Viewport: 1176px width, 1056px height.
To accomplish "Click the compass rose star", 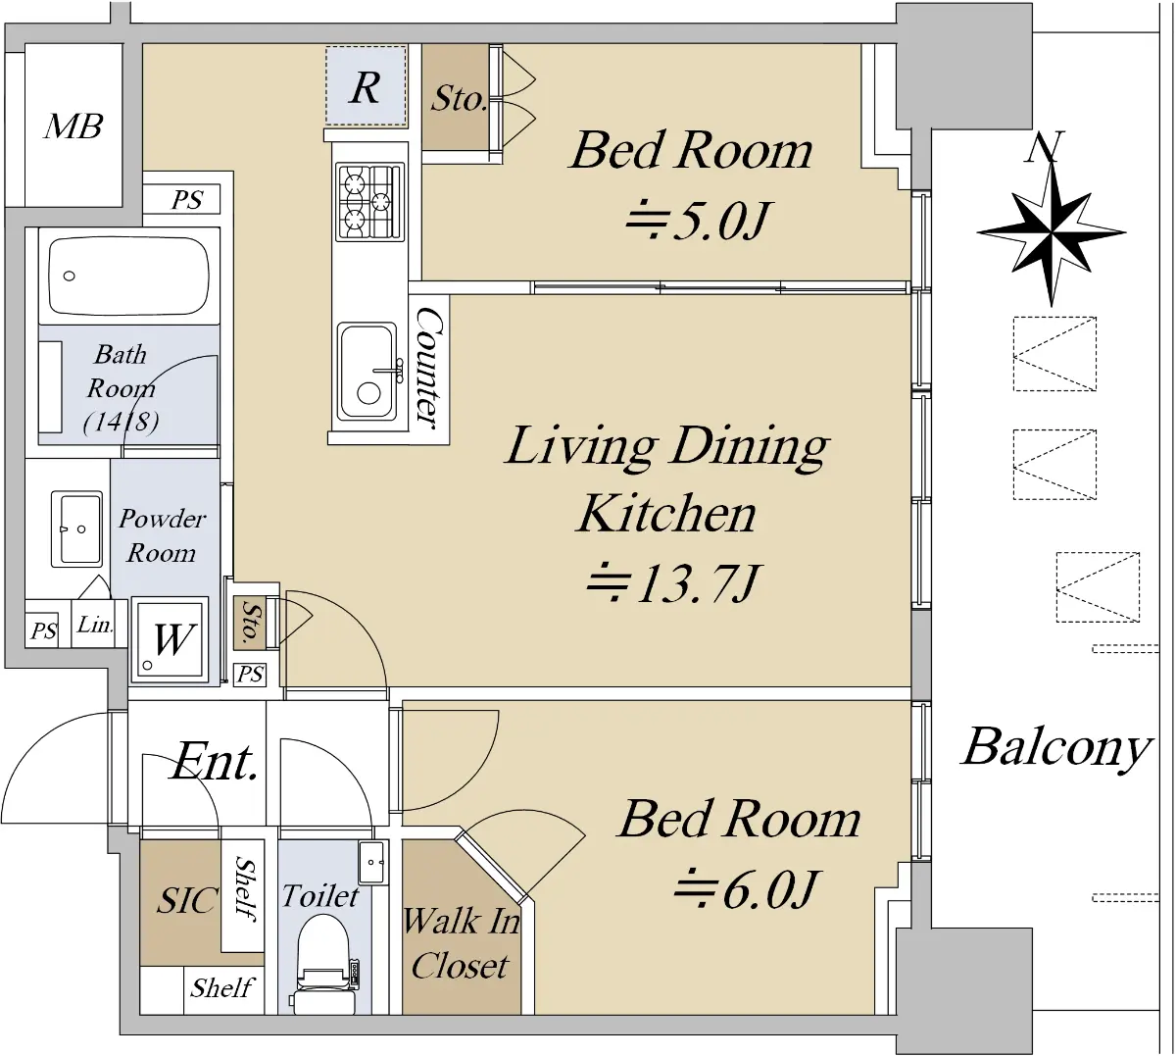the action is tap(1052, 233).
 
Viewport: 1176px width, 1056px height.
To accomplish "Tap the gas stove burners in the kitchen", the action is tap(369, 201).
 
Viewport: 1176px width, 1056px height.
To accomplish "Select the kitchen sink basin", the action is tap(367, 373).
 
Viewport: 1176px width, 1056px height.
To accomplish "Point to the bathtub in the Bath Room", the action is tap(128, 276).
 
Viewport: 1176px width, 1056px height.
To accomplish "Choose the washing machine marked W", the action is tap(170, 639).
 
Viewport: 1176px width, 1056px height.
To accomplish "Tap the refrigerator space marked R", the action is tap(366, 86).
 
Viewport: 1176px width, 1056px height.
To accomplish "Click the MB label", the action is tap(73, 126).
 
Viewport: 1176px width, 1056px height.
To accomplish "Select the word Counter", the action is tap(430, 369).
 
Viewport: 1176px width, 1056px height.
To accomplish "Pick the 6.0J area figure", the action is tap(746, 889).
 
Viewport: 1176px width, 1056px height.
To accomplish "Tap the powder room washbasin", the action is tap(76, 528).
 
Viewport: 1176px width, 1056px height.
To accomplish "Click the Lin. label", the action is tap(95, 625).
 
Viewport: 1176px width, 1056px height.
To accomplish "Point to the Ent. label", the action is tap(215, 761).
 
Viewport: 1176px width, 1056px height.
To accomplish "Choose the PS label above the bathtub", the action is tap(187, 200).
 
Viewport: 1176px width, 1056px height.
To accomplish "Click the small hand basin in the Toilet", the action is tap(372, 862).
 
